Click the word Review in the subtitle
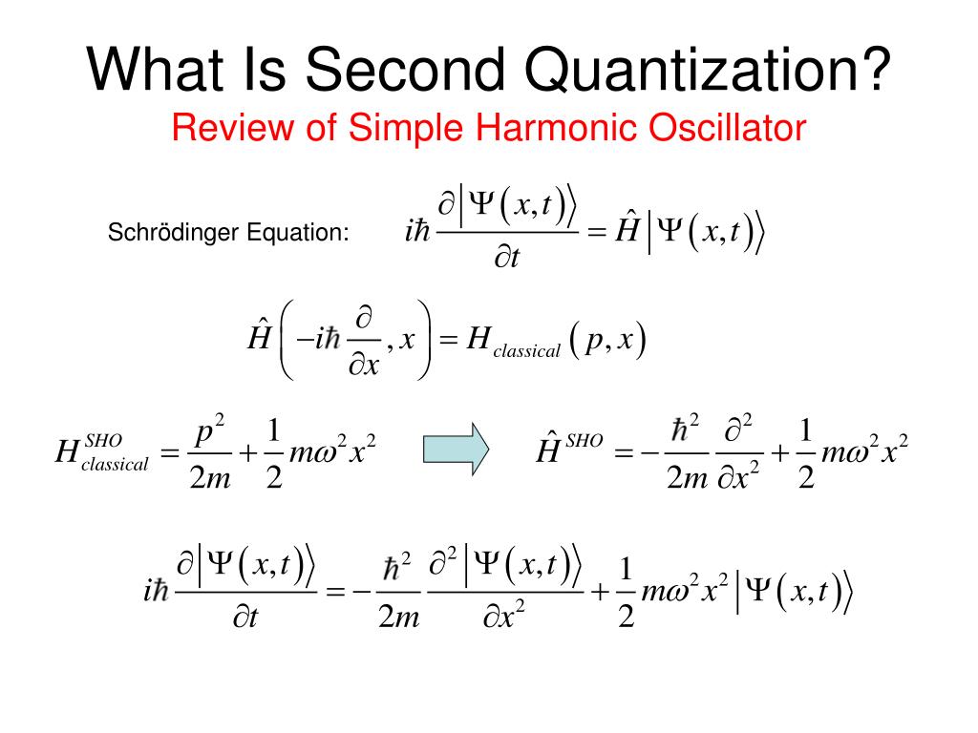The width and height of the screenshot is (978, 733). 223,127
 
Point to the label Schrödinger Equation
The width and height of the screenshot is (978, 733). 227,233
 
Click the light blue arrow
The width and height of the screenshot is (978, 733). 456,449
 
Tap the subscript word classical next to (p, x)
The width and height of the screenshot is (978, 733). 526,351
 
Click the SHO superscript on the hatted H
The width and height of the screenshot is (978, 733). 585,440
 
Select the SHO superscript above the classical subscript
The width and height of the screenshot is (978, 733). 103,440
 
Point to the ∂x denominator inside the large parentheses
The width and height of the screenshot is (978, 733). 362,365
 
